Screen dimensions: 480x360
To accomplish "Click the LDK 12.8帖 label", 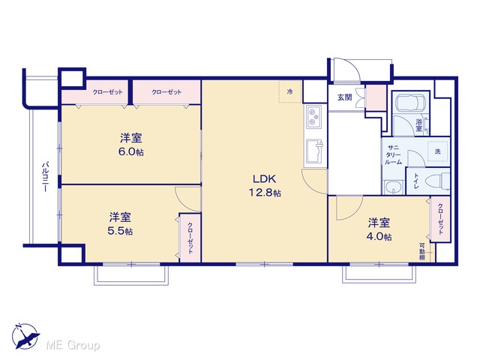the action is [265, 185].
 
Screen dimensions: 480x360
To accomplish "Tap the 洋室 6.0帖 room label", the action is [131, 145].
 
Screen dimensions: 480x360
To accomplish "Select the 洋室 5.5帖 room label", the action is [120, 223].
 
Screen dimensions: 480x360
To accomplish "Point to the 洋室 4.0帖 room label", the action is [379, 229].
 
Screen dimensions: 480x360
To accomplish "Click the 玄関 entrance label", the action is [344, 97].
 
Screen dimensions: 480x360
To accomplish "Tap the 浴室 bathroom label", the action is [418, 125].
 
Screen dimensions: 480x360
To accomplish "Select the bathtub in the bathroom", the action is [410, 103].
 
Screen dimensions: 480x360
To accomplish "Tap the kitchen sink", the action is [313, 151].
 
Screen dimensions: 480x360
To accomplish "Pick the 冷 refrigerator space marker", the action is [290, 91].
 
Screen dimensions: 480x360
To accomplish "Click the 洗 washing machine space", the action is [438, 151].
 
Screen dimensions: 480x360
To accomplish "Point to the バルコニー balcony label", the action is [45, 177].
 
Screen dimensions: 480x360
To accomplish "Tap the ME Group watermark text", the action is [73, 345].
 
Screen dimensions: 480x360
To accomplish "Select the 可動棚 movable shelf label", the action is [422, 252].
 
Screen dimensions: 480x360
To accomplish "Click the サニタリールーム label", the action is [393, 155].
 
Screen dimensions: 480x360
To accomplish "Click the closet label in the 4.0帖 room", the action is [440, 218].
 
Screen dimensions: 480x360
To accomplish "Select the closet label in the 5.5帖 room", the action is [190, 238].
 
